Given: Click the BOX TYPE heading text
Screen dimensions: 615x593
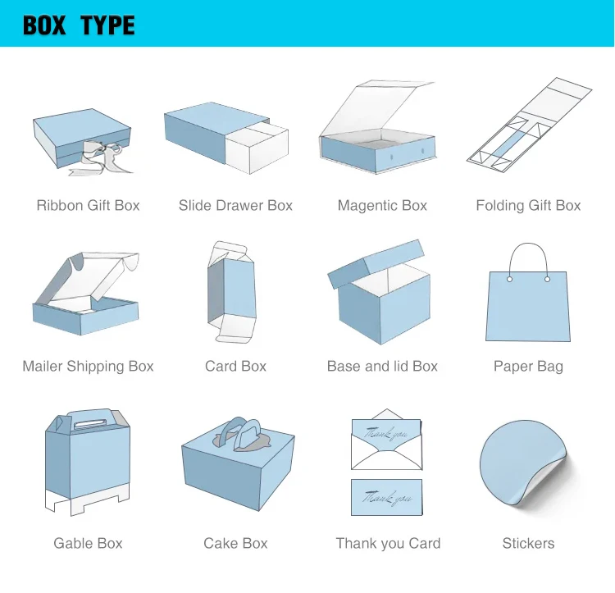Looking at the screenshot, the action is tap(79, 25).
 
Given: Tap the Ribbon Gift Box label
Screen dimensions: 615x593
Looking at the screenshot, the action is tap(88, 206).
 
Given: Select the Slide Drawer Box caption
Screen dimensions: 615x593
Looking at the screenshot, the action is tap(235, 206).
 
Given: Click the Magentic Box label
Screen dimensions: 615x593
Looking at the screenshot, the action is tap(382, 206).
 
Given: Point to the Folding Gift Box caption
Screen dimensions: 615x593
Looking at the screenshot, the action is tap(528, 206).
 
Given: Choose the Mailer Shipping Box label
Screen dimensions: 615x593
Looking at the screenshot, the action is tap(88, 367).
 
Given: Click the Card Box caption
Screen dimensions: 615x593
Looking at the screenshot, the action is tap(235, 367).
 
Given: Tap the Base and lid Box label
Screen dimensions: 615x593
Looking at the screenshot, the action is tap(382, 367).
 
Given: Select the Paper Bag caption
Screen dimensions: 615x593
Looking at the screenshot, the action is tap(528, 367).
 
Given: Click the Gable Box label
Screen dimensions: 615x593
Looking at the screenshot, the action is tap(88, 543).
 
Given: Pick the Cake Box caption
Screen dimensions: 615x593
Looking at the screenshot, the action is tap(235, 543).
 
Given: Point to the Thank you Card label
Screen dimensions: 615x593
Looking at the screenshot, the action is tap(388, 543).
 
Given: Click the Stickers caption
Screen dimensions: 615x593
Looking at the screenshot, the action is tap(528, 543).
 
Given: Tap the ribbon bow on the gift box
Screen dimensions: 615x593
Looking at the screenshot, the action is tap(105, 156).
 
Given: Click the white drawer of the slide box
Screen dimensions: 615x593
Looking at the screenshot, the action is tap(257, 152).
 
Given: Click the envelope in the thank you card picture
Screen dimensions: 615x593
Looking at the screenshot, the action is tap(386, 447).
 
